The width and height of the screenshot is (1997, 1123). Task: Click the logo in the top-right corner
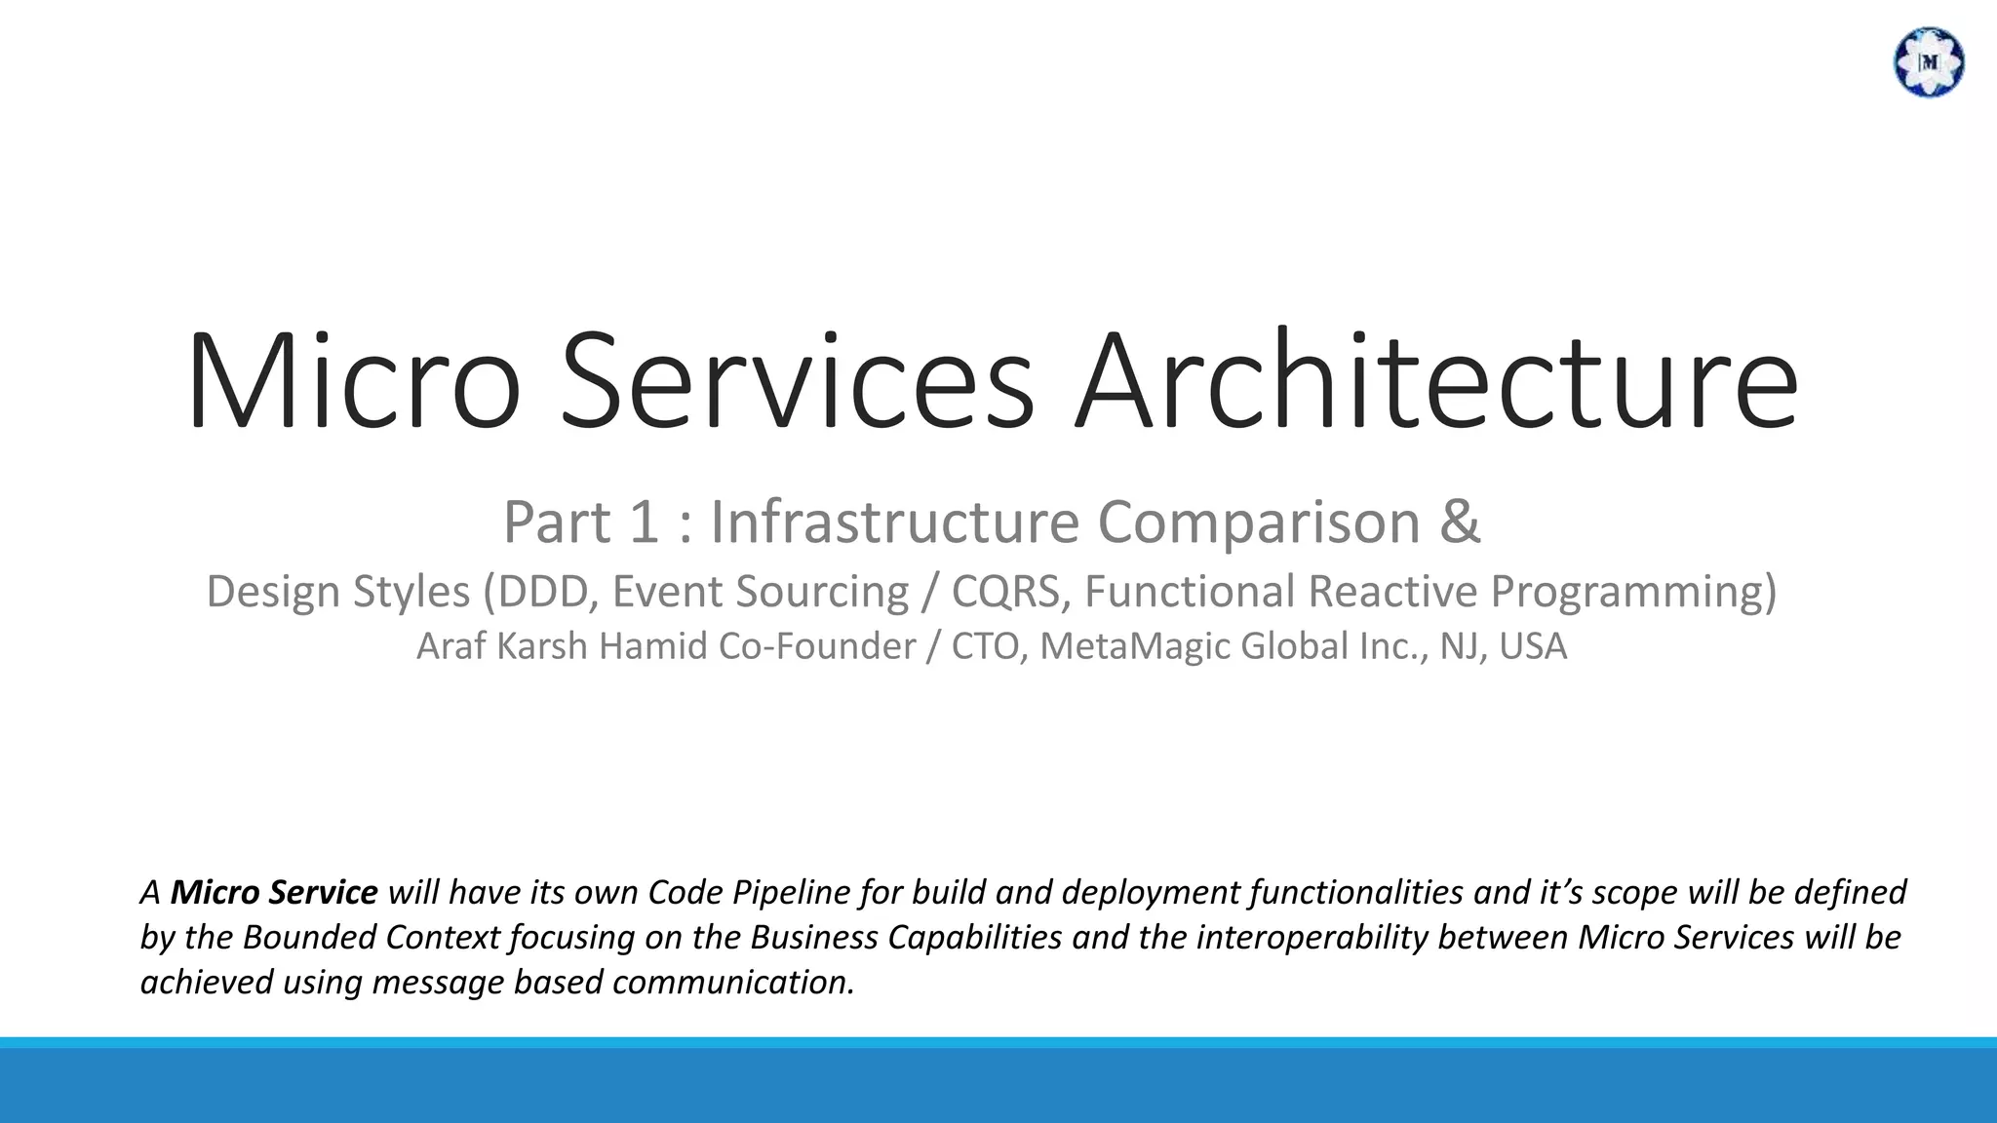1928,62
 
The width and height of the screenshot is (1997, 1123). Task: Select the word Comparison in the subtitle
1259,522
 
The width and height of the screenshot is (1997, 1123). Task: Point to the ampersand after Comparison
1460,522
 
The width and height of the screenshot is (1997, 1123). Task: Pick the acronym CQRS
1005,592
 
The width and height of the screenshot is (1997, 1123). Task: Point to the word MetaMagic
1135,646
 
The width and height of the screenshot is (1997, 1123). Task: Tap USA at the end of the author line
1533,646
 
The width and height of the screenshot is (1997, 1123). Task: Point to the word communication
732,982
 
